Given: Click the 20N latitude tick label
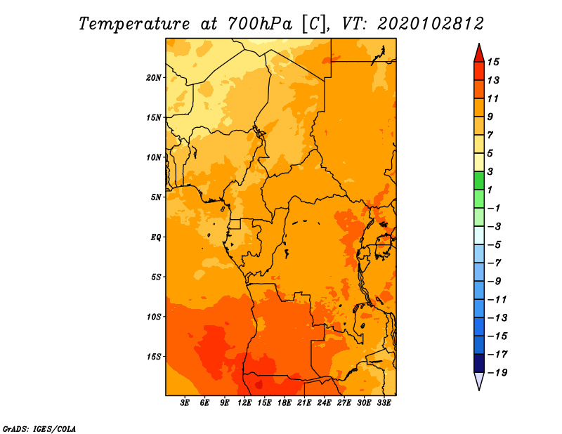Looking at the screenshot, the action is (154, 78).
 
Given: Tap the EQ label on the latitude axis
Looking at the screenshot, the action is (156, 237).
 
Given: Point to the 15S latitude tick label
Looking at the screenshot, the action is (154, 357).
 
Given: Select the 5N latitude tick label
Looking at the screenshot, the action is (156, 197).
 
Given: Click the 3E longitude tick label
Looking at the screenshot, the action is (185, 403).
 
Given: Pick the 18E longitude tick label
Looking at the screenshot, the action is (285, 403).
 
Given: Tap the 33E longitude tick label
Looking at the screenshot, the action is (384, 403).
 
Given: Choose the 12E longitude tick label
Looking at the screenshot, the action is (244, 403).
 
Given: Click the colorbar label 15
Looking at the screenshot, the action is (493, 62).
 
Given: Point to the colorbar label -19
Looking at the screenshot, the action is (497, 373).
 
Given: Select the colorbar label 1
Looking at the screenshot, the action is (490, 190).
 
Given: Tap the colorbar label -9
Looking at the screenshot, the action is (495, 282).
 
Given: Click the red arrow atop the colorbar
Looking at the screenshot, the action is (479, 53).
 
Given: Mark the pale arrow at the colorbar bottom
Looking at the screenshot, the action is (479, 381).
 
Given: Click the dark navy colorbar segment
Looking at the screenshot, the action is (479, 363).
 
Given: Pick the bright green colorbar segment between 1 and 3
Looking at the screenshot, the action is (479, 180).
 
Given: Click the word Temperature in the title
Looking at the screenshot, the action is (134, 24).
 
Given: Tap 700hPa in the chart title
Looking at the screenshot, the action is (260, 24).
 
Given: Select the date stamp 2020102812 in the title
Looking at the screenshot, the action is (431, 24).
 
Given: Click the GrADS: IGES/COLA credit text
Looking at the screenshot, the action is (39, 429).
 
